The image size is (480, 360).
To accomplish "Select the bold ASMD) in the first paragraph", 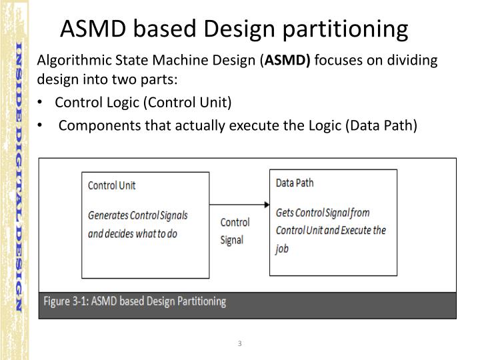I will [288, 61].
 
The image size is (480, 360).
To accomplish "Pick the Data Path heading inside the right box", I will [295, 182].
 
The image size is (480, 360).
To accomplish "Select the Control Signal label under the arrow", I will [235, 231].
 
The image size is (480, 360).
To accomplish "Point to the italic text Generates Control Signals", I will [138, 215].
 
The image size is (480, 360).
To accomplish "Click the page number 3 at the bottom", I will [239, 343].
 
